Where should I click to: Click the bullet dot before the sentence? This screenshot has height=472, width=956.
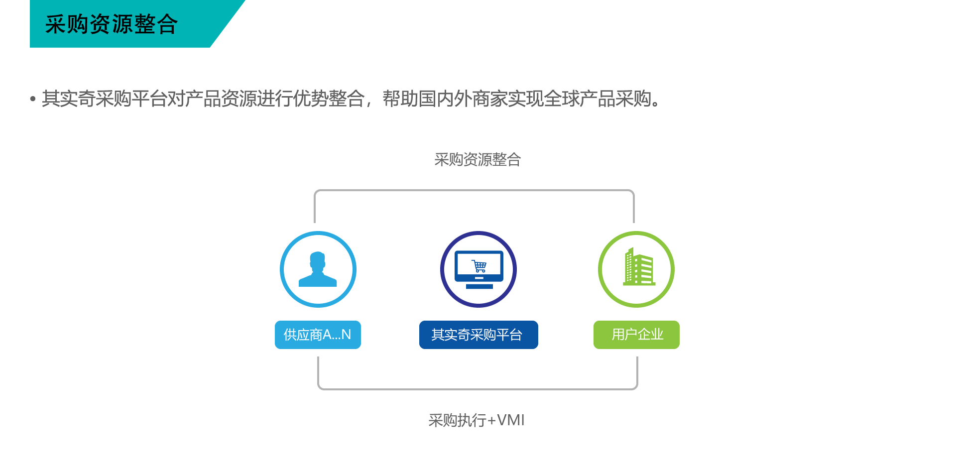pyautogui.click(x=33, y=99)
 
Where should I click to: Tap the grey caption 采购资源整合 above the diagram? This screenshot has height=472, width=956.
pyautogui.click(x=478, y=160)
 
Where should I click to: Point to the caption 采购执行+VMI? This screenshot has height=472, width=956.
pyautogui.click(x=477, y=420)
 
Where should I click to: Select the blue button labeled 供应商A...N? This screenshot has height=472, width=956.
pyautogui.click(x=318, y=335)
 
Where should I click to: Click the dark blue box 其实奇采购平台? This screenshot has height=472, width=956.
pyautogui.click(x=478, y=335)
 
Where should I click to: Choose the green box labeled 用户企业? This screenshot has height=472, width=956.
pyautogui.click(x=636, y=335)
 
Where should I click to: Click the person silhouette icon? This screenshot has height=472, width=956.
pyautogui.click(x=318, y=269)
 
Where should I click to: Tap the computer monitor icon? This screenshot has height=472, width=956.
pyautogui.click(x=479, y=269)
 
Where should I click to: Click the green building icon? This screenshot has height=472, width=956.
pyautogui.click(x=639, y=267)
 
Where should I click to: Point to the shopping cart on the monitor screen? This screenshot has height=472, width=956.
pyautogui.click(x=479, y=266)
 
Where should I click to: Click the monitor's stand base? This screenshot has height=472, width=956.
pyautogui.click(x=479, y=286)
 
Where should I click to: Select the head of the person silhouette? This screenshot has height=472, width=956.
pyautogui.click(x=317, y=260)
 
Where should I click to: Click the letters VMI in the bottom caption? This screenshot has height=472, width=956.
pyautogui.click(x=511, y=420)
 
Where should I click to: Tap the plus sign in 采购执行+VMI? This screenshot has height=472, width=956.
pyautogui.click(x=491, y=421)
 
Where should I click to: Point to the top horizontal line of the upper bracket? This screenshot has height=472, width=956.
pyautogui.click(x=474, y=190)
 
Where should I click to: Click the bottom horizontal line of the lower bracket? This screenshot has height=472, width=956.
pyautogui.click(x=478, y=389)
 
